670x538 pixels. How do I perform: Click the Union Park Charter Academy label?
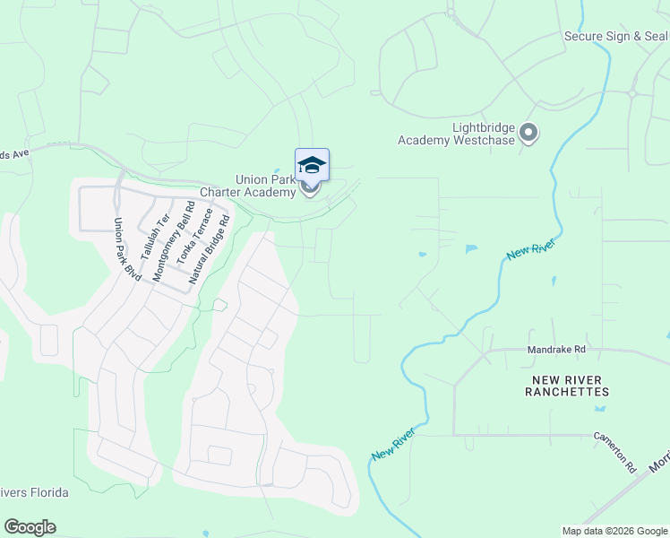265,186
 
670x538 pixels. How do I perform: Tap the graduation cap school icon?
312,164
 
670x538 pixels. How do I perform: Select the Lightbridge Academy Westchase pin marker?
528,134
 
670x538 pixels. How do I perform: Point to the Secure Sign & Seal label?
616,36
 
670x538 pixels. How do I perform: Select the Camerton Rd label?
614,453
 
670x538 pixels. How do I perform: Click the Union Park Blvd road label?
128,248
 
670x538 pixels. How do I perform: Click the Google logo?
30,527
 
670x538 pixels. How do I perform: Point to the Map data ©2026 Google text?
615,531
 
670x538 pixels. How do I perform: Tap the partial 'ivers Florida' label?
35,492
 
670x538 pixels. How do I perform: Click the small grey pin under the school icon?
311,188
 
